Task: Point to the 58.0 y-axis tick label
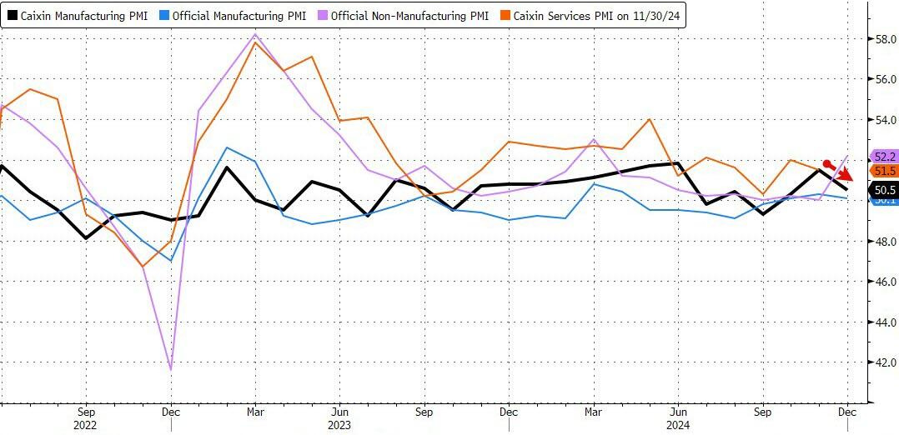[883, 39]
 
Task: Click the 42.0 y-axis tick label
[883, 362]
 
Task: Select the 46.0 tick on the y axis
[883, 282]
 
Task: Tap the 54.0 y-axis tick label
[883, 120]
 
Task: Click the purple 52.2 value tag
[884, 156]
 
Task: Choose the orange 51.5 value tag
[884, 171]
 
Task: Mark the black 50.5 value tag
[884, 189]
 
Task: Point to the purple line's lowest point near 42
[171, 369]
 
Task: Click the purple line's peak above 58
[255, 35]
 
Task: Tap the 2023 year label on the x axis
[339, 424]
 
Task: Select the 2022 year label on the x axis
[85, 424]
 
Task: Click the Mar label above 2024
[593, 411]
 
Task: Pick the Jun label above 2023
[339, 411]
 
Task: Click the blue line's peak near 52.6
[227, 147]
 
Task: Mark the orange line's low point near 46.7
[143, 267]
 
